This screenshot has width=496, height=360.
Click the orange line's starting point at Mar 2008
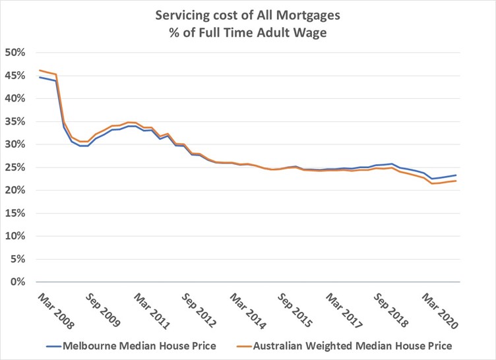click(x=40, y=70)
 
